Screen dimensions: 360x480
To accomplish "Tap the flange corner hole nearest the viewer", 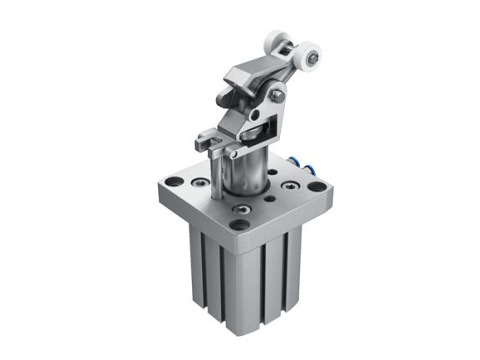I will coord(238,225).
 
